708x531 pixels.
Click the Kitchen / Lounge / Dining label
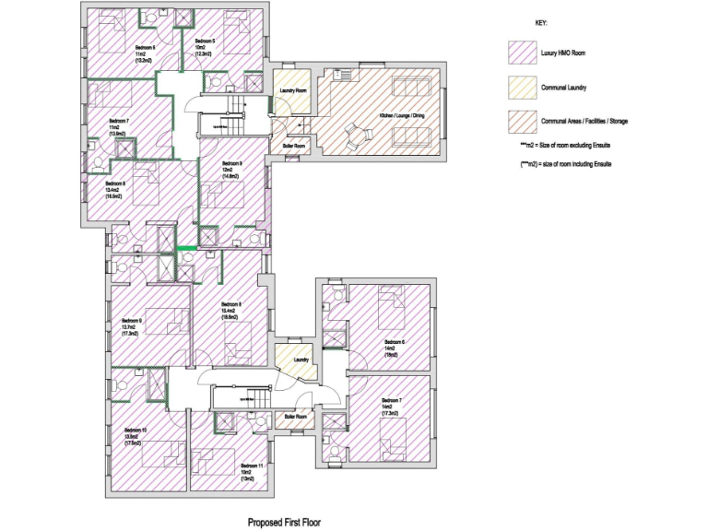pos(404,115)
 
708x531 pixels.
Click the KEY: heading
pos(541,22)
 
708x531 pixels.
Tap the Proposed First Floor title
pos(284,522)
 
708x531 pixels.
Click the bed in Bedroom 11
pos(214,462)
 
